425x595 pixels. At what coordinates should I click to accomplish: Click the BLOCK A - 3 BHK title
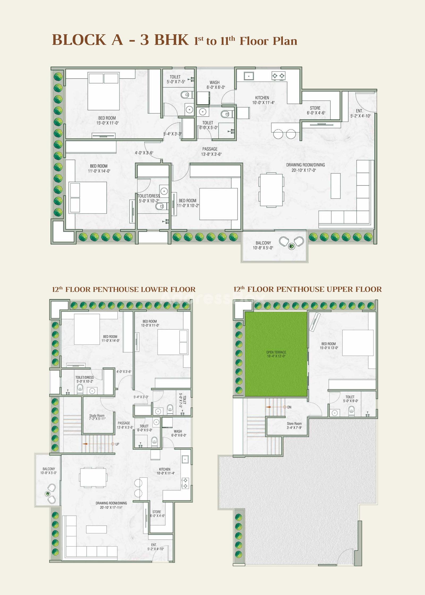120,40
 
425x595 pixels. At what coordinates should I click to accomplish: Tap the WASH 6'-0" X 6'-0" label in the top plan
216,85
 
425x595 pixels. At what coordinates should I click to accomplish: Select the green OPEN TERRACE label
276,354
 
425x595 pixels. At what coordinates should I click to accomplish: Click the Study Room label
97,417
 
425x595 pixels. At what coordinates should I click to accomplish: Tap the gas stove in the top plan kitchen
278,76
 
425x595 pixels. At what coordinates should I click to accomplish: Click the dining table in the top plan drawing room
271,190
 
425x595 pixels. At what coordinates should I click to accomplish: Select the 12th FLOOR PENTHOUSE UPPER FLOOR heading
308,289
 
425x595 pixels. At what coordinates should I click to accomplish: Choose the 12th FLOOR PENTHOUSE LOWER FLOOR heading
124,289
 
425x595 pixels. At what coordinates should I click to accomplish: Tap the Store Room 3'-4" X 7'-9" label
294,426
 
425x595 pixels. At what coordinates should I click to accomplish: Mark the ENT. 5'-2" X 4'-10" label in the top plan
360,113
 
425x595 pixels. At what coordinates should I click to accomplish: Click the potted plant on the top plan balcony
292,246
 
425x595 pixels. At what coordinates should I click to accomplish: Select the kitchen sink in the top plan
249,76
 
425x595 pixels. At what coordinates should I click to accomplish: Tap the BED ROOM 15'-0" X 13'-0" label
329,346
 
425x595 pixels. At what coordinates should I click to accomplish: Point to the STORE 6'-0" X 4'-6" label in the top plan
316,110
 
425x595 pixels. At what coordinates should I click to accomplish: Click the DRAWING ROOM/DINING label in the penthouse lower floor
111,505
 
